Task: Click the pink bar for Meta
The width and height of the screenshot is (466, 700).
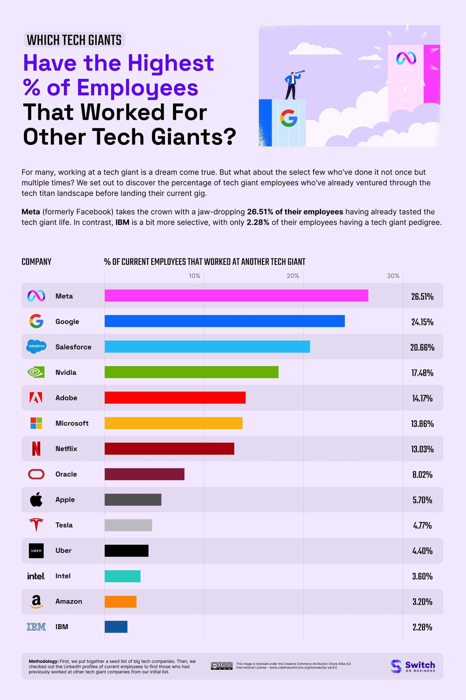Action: click(236, 295)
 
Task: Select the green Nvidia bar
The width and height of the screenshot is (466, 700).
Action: click(191, 372)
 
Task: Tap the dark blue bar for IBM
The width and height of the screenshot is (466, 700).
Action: click(116, 626)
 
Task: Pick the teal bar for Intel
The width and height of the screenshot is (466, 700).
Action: click(122, 576)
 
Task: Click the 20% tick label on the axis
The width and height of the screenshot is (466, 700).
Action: click(293, 276)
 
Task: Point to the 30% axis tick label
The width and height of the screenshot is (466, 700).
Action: click(393, 276)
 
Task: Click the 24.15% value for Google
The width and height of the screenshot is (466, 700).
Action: click(422, 322)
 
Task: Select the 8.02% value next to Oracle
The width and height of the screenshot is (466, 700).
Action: click(422, 474)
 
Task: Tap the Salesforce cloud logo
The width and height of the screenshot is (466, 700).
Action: click(36, 346)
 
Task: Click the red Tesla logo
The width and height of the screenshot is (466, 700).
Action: click(36, 525)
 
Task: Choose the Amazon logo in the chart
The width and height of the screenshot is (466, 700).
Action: click(36, 602)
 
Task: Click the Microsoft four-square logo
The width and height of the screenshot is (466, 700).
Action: click(36, 423)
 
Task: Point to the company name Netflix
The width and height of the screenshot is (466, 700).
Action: click(66, 449)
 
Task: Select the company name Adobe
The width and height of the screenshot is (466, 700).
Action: click(66, 398)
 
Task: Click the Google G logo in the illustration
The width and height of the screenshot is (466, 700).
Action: click(288, 118)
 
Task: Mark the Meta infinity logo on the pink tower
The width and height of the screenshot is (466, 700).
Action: click(406, 58)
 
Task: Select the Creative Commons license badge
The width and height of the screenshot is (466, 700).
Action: click(222, 666)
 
